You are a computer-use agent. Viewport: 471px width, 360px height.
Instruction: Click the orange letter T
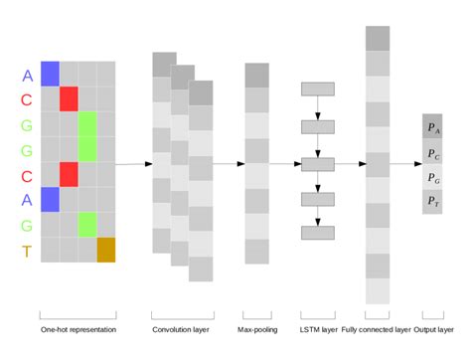tap(27, 251)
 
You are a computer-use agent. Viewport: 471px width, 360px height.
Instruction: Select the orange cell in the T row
tap(106, 250)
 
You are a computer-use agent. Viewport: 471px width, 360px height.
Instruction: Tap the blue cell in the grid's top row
tap(50, 74)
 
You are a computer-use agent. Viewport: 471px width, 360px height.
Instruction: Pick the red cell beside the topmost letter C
tap(69, 99)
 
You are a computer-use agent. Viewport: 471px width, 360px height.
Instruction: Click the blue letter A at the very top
tap(27, 75)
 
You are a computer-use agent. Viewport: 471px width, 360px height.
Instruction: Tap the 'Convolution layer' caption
tap(182, 329)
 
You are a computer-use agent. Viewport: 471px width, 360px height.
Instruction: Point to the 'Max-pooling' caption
tap(256, 329)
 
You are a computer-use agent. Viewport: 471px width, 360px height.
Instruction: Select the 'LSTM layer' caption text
tap(317, 329)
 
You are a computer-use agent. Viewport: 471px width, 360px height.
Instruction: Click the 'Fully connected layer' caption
tap(378, 329)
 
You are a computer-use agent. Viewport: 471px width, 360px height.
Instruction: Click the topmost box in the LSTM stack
tap(317, 89)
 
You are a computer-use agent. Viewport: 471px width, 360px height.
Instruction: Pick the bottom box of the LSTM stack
tap(317, 234)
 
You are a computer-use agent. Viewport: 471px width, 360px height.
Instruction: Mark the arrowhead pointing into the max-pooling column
tap(240, 163)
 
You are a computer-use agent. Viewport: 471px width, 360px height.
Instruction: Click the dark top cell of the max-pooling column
tap(256, 76)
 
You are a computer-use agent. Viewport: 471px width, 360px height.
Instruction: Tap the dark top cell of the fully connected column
tap(378, 38)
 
